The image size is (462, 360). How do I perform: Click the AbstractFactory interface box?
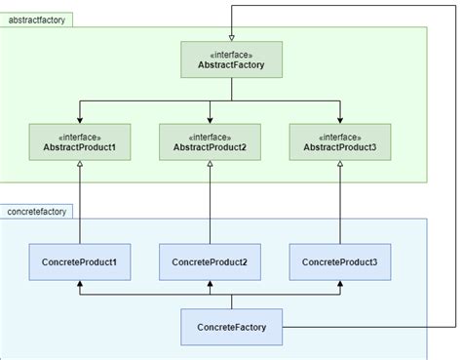pos(231,60)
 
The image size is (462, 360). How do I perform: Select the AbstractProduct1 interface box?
pos(80,141)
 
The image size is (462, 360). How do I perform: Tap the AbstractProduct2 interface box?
pos(210,141)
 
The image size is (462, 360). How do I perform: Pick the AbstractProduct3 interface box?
pos(339,141)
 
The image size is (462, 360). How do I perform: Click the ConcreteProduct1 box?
pos(80,262)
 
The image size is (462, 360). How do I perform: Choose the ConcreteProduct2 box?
pos(210,262)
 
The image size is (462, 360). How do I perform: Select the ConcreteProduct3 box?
pos(339,262)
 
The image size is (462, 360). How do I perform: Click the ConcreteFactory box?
pos(231,326)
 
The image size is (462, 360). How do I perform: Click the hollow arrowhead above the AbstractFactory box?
pos(231,36)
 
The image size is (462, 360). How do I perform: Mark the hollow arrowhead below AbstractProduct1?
pos(80,165)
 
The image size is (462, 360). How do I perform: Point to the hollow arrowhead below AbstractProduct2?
pos(210,165)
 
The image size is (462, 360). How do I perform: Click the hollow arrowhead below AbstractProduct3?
pos(339,165)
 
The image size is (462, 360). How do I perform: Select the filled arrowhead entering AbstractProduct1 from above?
pos(80,119)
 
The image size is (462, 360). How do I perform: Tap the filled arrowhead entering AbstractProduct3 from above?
pos(339,119)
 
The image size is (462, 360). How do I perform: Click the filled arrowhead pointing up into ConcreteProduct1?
pos(80,285)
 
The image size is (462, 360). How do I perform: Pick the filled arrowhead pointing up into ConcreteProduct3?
pos(339,285)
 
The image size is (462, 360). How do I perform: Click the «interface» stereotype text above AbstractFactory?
pos(231,53)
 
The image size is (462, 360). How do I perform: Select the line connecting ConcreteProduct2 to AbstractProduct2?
pos(210,205)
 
